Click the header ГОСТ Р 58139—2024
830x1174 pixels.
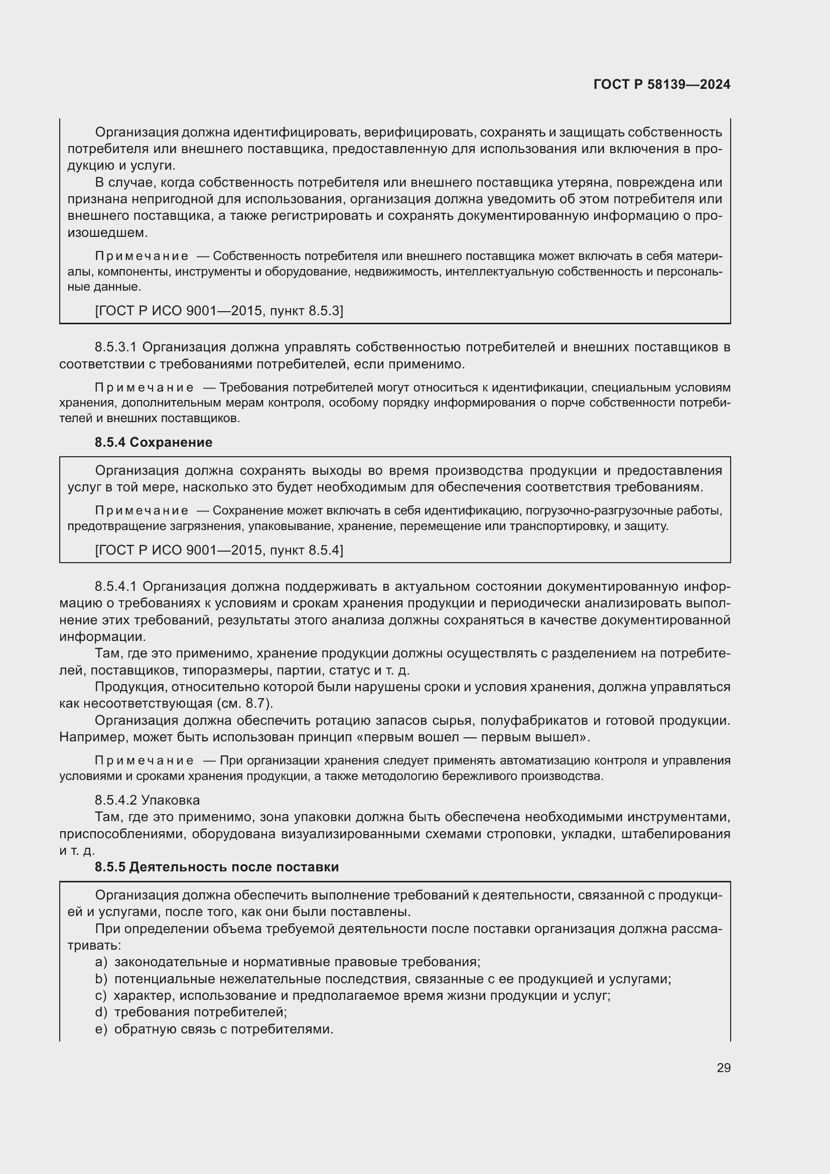point(662,84)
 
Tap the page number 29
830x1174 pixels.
point(723,1068)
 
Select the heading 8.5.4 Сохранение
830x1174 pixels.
point(154,442)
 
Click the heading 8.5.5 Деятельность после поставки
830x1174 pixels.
point(217,867)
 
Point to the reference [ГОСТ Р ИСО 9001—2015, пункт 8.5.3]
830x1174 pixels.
point(219,311)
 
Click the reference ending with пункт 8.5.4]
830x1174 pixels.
point(219,550)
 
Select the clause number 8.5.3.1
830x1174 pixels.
point(115,347)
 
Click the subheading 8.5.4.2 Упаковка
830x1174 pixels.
point(147,800)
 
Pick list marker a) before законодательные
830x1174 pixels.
point(101,962)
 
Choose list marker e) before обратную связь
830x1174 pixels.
point(101,1029)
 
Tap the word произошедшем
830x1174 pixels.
point(108,233)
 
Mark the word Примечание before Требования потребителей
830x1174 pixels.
point(144,387)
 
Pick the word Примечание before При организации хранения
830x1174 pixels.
point(144,761)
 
